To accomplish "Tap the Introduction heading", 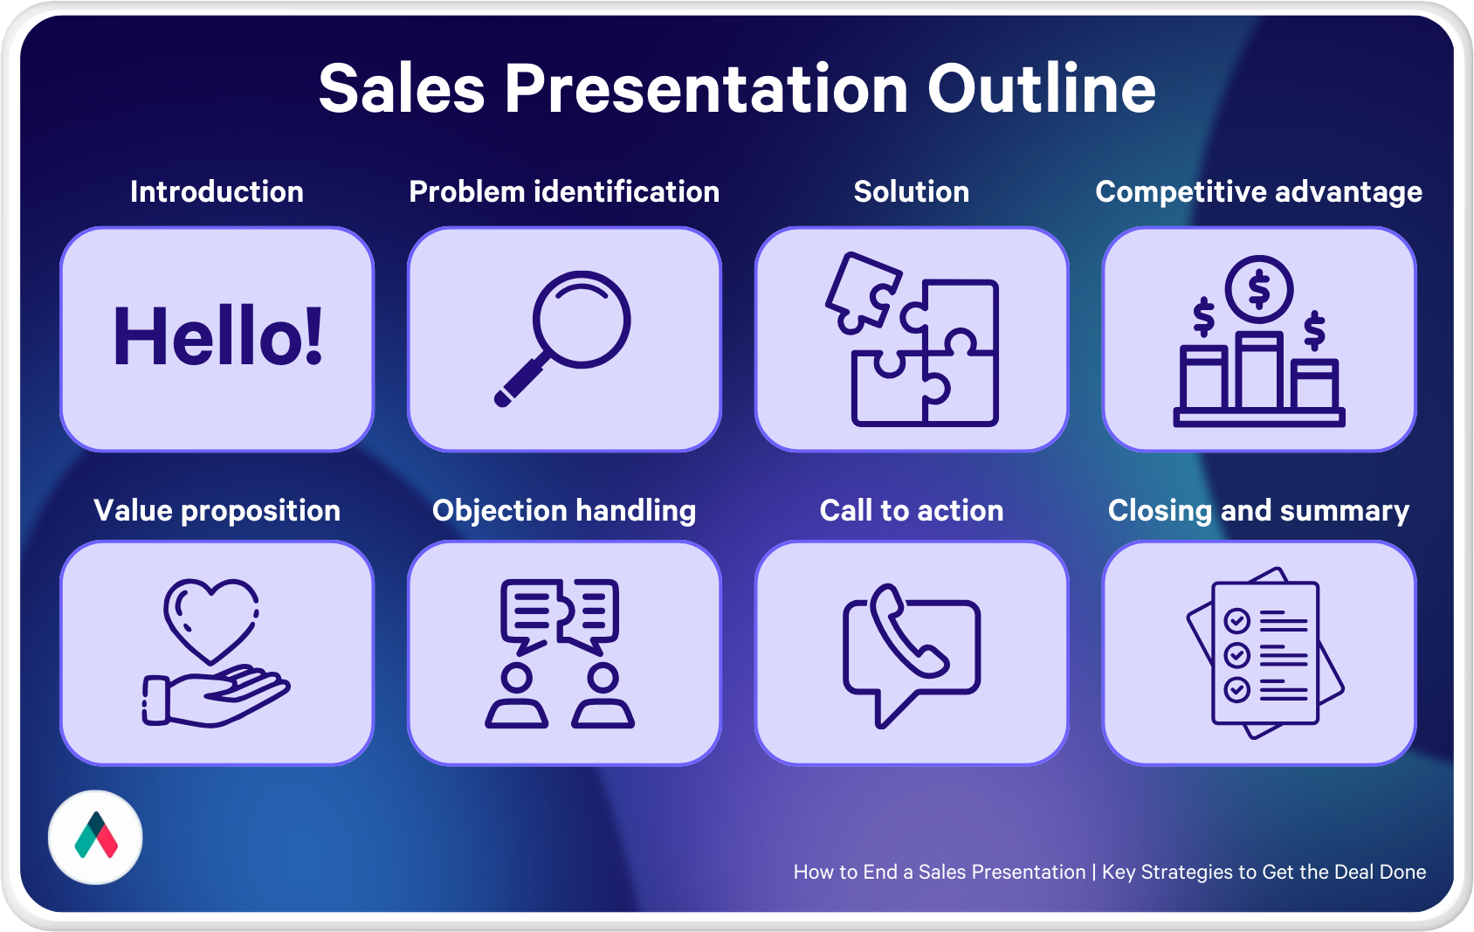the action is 217,192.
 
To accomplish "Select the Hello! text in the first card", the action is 217,335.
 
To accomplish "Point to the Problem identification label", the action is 564,192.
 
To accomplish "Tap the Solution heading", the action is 912,192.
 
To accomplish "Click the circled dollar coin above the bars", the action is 1259,290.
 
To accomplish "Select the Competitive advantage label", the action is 1259,192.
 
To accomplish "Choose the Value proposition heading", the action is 217,511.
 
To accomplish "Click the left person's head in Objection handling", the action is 517,677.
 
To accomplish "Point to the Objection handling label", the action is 564,511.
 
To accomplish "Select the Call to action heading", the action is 912,511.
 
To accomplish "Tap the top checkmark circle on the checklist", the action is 1237,620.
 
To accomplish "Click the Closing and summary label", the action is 1259,511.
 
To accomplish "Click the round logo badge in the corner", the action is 95,837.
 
